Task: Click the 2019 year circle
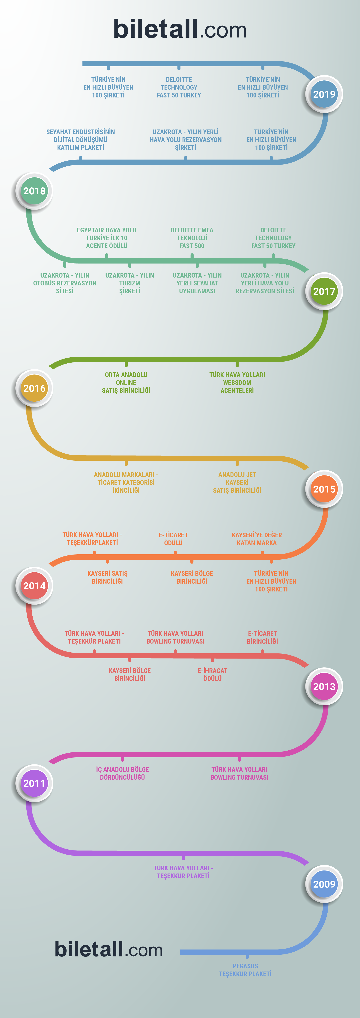tap(324, 94)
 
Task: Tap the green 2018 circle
tap(34, 191)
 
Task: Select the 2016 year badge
tap(34, 388)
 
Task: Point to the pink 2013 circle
tap(324, 686)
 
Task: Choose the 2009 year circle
tap(324, 884)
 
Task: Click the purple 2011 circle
tap(34, 783)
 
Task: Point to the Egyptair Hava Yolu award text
tap(107, 238)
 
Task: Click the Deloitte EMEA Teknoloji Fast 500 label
tap(192, 238)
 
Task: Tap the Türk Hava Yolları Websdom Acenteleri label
tap(237, 382)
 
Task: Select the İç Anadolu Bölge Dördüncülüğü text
tap(123, 773)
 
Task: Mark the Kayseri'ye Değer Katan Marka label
tap(257, 539)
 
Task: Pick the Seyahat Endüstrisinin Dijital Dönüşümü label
tap(81, 139)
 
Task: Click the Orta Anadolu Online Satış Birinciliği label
tap(126, 382)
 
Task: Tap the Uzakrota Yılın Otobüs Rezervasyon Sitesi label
tap(65, 283)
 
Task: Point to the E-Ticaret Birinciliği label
tap(262, 637)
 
